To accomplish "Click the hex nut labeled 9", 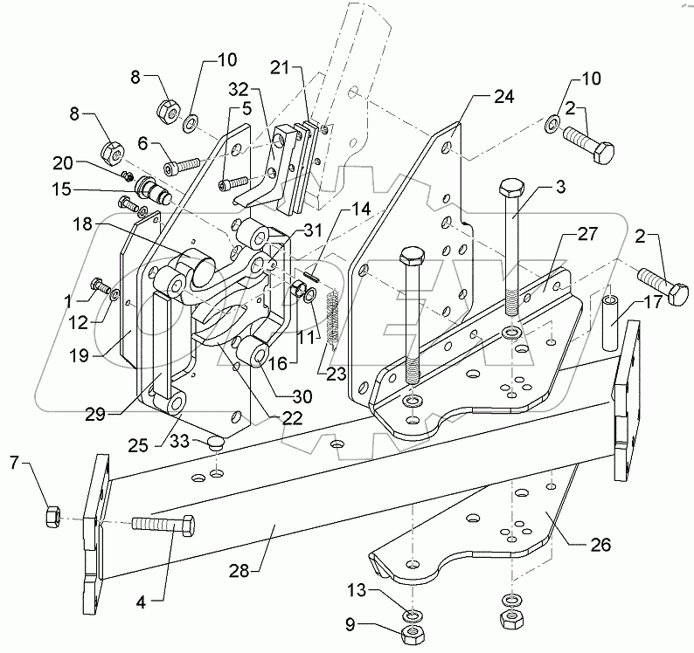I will coord(411,635).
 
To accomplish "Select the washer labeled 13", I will coord(411,617).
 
